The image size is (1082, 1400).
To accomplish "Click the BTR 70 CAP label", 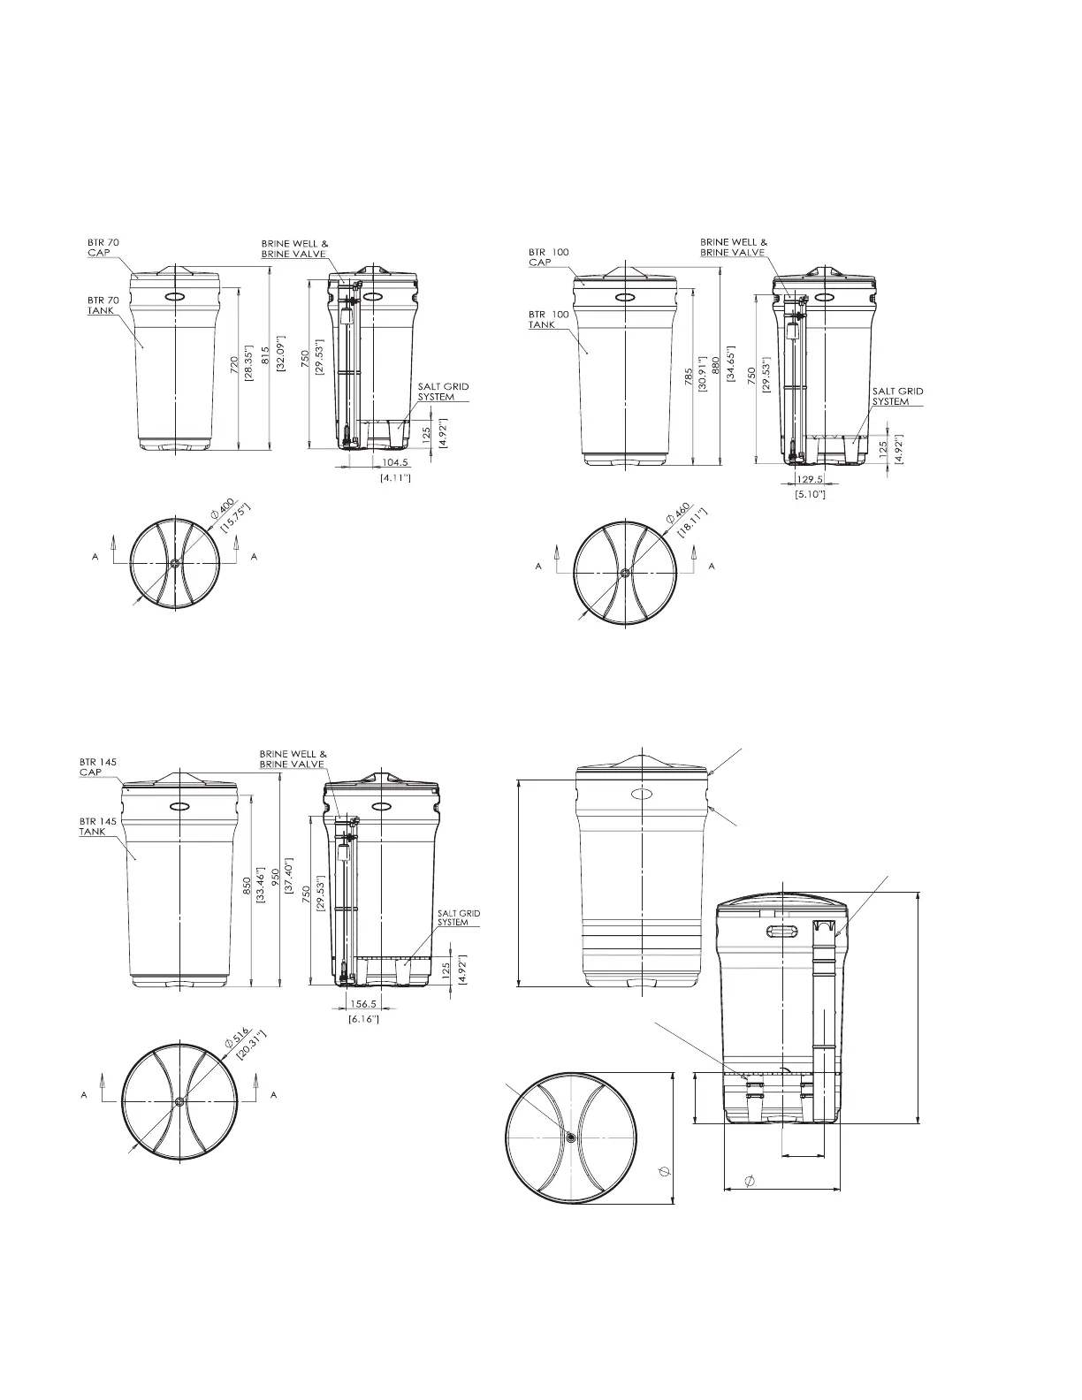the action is (103, 247).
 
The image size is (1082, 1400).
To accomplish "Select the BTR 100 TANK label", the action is (548, 320).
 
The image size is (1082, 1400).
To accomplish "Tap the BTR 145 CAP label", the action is (98, 766).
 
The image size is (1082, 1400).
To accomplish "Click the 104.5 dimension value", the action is (396, 462).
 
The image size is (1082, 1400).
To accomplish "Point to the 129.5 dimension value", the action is (810, 479).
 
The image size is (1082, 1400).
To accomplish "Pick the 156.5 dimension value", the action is (362, 1004).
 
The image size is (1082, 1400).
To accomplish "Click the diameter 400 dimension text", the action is (223, 509).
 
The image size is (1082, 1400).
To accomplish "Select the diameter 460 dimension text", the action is (678, 514).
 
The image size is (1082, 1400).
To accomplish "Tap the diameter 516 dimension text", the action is (237, 1038).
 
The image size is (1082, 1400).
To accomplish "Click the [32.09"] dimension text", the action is (280, 353).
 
